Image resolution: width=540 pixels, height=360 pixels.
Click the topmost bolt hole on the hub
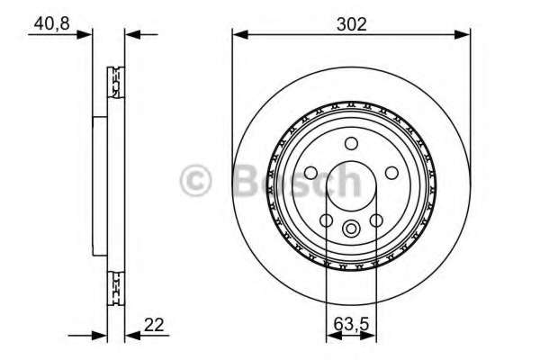point(351,141)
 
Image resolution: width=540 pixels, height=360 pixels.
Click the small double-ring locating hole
point(352,227)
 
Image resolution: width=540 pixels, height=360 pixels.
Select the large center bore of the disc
point(352,184)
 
